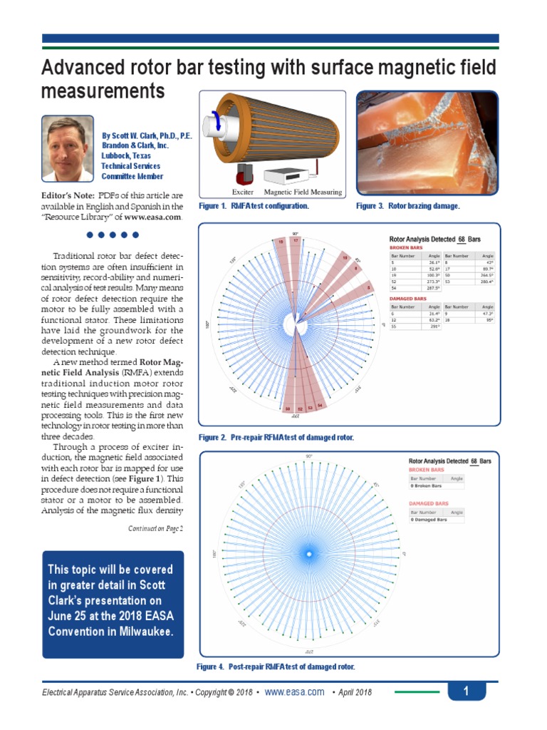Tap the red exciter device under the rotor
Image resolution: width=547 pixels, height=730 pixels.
[x=244, y=173]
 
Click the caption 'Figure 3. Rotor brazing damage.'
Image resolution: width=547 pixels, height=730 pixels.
[x=407, y=205]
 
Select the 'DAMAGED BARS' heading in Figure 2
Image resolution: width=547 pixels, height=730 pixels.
[x=408, y=299]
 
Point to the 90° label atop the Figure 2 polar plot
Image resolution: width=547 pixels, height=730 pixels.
[x=294, y=234]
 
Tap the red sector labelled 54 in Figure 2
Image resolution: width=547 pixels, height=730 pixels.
[x=319, y=405]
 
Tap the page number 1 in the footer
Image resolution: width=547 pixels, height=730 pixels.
[x=465, y=691]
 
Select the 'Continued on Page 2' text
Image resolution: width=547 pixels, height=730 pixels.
[x=155, y=528]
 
